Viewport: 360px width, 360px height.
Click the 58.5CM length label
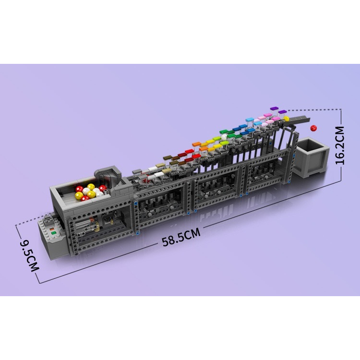(181, 237)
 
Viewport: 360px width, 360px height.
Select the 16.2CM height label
(340, 145)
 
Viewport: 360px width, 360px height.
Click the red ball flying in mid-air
(313, 128)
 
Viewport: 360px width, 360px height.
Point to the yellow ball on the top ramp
(286, 119)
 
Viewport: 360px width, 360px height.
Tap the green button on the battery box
(54, 233)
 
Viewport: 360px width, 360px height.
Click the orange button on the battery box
(52, 229)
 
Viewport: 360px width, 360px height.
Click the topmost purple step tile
(275, 108)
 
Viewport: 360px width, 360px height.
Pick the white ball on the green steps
(224, 137)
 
